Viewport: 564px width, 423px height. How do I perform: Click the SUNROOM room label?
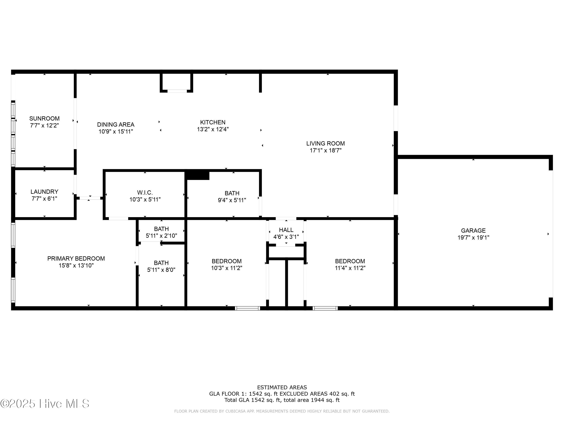(x=44, y=119)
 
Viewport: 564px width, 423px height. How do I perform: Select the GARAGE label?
(x=473, y=231)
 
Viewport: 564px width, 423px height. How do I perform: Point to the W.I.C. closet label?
(x=145, y=193)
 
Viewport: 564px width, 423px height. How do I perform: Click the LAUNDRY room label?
(x=44, y=192)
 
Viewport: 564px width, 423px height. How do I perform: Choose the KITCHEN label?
(x=213, y=122)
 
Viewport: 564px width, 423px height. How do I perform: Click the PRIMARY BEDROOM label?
(x=76, y=258)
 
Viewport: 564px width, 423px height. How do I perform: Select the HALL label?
(x=286, y=230)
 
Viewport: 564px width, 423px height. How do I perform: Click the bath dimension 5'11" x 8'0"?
(x=161, y=270)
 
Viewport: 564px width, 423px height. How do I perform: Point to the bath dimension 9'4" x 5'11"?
(x=232, y=200)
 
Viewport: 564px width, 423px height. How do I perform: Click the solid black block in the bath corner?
(x=198, y=176)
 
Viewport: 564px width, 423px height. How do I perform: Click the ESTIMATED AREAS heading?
(x=282, y=387)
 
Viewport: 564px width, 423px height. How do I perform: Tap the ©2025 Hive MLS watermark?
(x=45, y=404)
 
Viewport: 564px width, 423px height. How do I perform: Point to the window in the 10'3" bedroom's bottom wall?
(x=247, y=308)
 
